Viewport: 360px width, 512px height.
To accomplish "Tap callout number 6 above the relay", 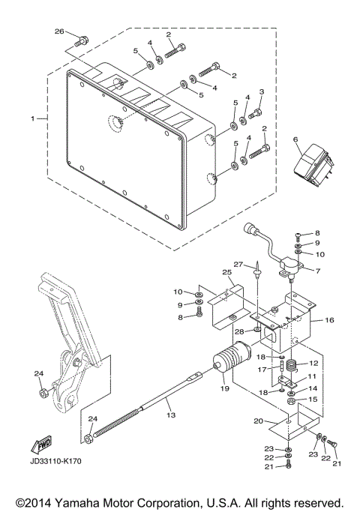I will pyautogui.click(x=295, y=139).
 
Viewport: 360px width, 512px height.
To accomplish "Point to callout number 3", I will pyautogui.click(x=261, y=92).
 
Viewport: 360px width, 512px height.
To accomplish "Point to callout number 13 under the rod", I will pyautogui.click(x=170, y=415).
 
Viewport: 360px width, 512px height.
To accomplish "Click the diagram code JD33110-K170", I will pyautogui.click(x=55, y=460).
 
